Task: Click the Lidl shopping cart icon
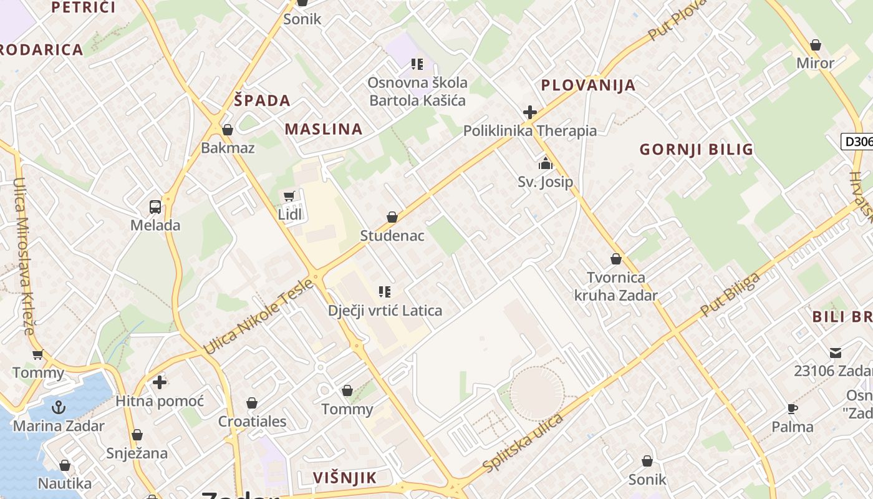click(289, 196)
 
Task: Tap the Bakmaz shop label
click(228, 148)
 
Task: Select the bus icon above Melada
click(155, 207)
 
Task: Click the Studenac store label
click(392, 236)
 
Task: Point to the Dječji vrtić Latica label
click(385, 311)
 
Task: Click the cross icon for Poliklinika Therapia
click(530, 112)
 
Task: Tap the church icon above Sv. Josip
click(546, 164)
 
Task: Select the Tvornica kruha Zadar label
click(616, 286)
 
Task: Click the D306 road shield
click(857, 142)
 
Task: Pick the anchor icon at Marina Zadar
click(59, 408)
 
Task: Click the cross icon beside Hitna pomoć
click(160, 382)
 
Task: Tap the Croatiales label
click(252, 422)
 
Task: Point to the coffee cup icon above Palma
click(793, 409)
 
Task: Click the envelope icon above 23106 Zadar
click(835, 353)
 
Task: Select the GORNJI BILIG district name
click(697, 150)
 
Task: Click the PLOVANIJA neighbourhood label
click(588, 85)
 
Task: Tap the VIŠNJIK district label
click(345, 478)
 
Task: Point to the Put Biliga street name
click(731, 294)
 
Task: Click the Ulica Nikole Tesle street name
click(258, 317)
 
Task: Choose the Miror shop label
click(815, 63)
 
